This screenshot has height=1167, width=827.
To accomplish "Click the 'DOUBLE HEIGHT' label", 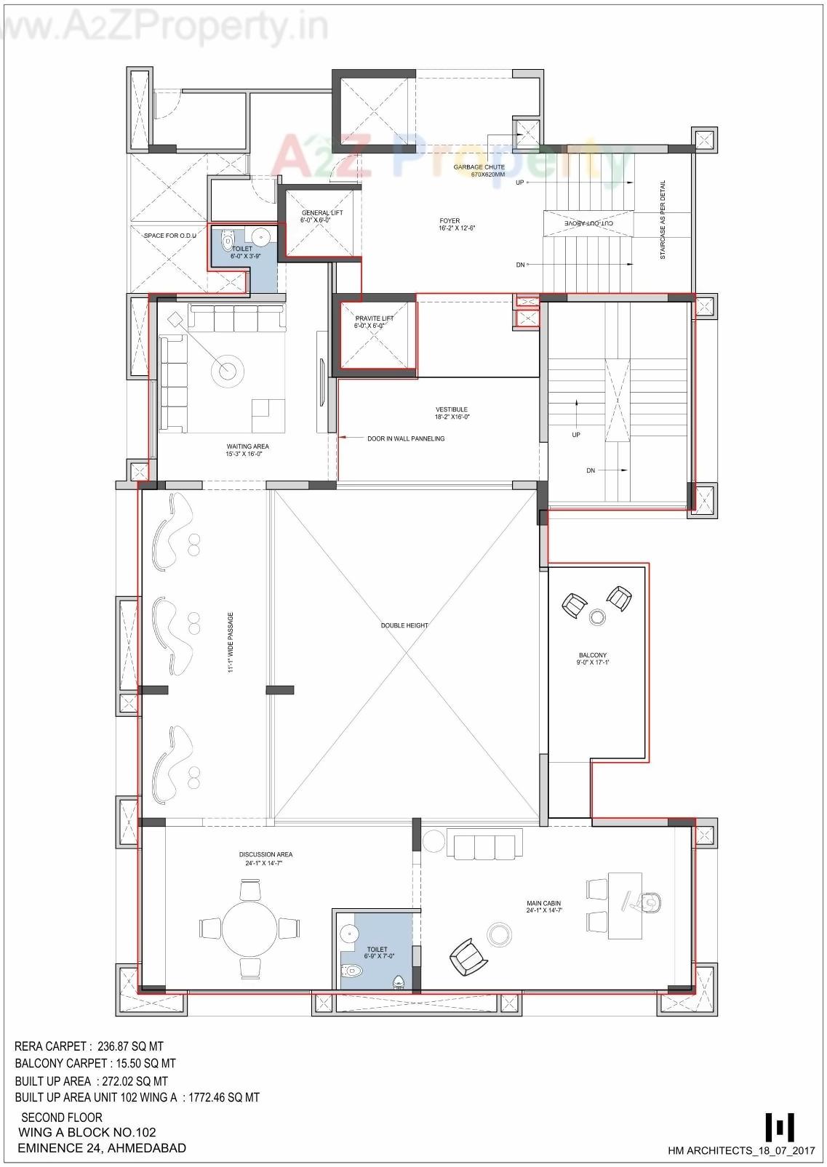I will tap(404, 625).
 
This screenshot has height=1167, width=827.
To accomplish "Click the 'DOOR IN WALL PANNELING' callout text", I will tap(405, 438).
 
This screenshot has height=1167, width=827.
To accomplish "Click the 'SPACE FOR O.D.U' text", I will tap(169, 236).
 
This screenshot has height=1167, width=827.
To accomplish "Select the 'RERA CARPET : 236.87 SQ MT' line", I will tap(89, 1046).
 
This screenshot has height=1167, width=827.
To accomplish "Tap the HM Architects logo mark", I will tap(779, 1127).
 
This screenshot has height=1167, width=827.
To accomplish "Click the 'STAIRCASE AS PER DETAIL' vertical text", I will tap(663, 220).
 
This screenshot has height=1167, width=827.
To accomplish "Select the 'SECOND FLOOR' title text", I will tap(62, 1117).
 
